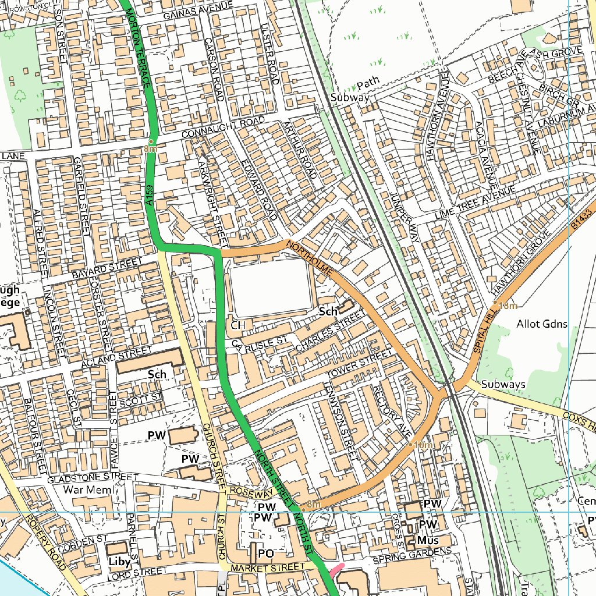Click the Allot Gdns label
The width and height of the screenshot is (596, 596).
[541, 324]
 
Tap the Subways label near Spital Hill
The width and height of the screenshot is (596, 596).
[503, 384]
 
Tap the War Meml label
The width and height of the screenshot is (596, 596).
[85, 489]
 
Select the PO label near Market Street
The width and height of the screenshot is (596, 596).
[266, 552]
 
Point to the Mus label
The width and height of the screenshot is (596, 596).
[428, 541]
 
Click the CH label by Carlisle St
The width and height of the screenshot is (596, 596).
[237, 325]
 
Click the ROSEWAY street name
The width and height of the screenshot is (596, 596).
[250, 492]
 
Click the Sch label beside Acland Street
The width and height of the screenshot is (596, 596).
[157, 374]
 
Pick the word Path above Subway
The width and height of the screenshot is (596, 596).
[368, 81]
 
